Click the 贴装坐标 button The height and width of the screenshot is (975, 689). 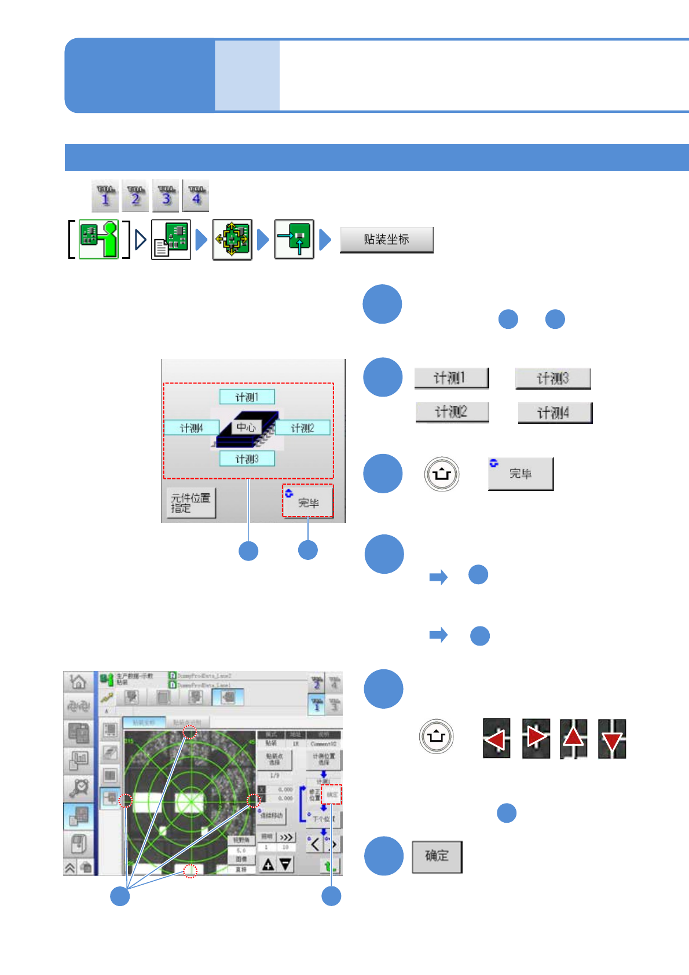386,240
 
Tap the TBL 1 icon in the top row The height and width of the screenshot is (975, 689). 105,196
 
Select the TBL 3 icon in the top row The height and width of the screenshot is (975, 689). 166,196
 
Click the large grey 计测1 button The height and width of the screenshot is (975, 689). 451,378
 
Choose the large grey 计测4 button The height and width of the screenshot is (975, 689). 555,413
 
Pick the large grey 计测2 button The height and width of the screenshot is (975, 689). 452,412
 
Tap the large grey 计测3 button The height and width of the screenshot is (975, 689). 553,379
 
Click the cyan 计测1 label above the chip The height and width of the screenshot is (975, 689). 247,397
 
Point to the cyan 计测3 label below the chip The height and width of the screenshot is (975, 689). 247,459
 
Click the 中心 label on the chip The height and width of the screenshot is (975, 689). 246,427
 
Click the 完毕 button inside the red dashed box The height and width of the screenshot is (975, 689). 308,501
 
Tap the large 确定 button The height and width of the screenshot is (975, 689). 437,856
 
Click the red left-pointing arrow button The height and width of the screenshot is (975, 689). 496,738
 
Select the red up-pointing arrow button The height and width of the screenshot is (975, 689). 573,738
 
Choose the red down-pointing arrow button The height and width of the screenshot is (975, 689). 612,738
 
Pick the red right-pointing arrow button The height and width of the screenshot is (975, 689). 536,738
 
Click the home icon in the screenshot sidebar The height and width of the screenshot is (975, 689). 78,681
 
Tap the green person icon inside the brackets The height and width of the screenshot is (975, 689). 98,239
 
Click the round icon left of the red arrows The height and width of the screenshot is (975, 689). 436,736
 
